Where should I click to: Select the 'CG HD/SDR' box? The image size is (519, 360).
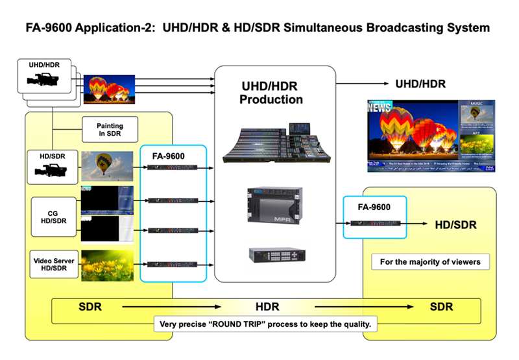[x=53, y=218]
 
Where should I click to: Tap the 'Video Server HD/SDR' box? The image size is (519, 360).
[x=53, y=265]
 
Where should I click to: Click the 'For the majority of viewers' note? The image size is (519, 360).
[x=430, y=263]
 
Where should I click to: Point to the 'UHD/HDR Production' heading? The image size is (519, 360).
[x=271, y=93]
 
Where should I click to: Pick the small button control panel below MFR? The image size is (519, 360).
[x=275, y=254]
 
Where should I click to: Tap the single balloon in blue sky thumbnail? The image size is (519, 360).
[x=107, y=167]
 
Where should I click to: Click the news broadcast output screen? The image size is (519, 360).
[x=430, y=134]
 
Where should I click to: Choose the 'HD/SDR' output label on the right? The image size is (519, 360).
[x=455, y=225]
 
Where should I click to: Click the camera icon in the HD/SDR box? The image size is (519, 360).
[x=52, y=171]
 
